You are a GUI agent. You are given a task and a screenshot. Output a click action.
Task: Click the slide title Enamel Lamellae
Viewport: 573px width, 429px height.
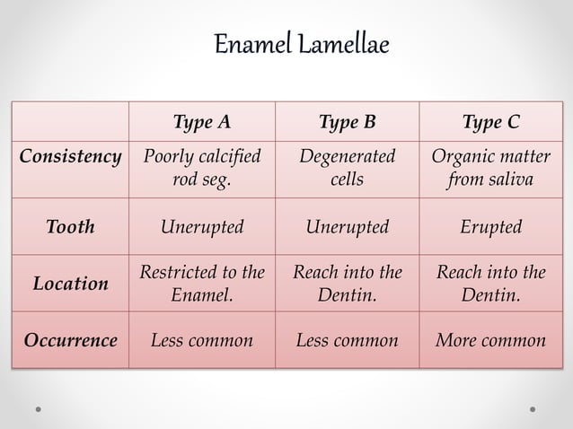pyautogui.click(x=302, y=44)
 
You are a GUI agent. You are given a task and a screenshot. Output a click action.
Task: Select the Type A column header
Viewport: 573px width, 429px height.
pyautogui.click(x=201, y=122)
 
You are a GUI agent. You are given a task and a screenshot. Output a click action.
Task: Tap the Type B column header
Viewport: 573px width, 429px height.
pyautogui.click(x=347, y=122)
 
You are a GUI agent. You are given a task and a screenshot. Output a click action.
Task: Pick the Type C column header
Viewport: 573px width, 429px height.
pyautogui.click(x=490, y=122)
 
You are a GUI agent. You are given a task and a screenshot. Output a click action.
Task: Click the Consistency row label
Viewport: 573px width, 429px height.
pyautogui.click(x=70, y=157)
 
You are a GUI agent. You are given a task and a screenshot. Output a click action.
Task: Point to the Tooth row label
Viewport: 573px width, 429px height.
pyautogui.click(x=70, y=227)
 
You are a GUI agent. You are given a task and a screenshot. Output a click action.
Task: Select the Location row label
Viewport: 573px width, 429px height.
pyautogui.click(x=70, y=284)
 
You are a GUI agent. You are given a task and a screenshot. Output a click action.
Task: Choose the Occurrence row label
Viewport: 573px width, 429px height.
pyautogui.click(x=70, y=340)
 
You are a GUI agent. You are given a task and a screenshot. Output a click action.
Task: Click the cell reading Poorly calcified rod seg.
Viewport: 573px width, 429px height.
pyautogui.click(x=201, y=168)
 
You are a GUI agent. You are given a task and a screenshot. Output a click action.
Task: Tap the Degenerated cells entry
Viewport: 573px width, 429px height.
pyautogui.click(x=347, y=168)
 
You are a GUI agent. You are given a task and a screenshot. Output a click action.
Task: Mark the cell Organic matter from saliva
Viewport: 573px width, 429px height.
pyautogui.click(x=490, y=168)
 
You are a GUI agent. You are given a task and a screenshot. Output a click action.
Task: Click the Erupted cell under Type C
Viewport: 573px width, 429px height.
pyautogui.click(x=490, y=227)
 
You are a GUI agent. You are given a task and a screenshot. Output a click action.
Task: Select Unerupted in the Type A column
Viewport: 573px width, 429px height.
pyautogui.click(x=201, y=227)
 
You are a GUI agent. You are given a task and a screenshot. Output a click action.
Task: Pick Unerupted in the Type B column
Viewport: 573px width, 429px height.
pyautogui.click(x=347, y=227)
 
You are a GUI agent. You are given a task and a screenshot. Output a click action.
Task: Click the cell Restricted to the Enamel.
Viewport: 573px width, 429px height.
pyautogui.click(x=201, y=283)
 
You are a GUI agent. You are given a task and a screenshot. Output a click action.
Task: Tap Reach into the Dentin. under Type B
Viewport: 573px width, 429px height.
pyautogui.click(x=347, y=283)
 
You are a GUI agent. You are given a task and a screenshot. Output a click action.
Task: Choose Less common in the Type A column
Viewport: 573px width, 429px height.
pyautogui.click(x=201, y=340)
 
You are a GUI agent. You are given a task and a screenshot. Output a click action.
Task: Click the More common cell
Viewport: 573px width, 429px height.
pyautogui.click(x=490, y=340)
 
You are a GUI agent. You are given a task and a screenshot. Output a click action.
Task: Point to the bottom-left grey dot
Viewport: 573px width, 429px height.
pyautogui.click(x=40, y=408)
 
